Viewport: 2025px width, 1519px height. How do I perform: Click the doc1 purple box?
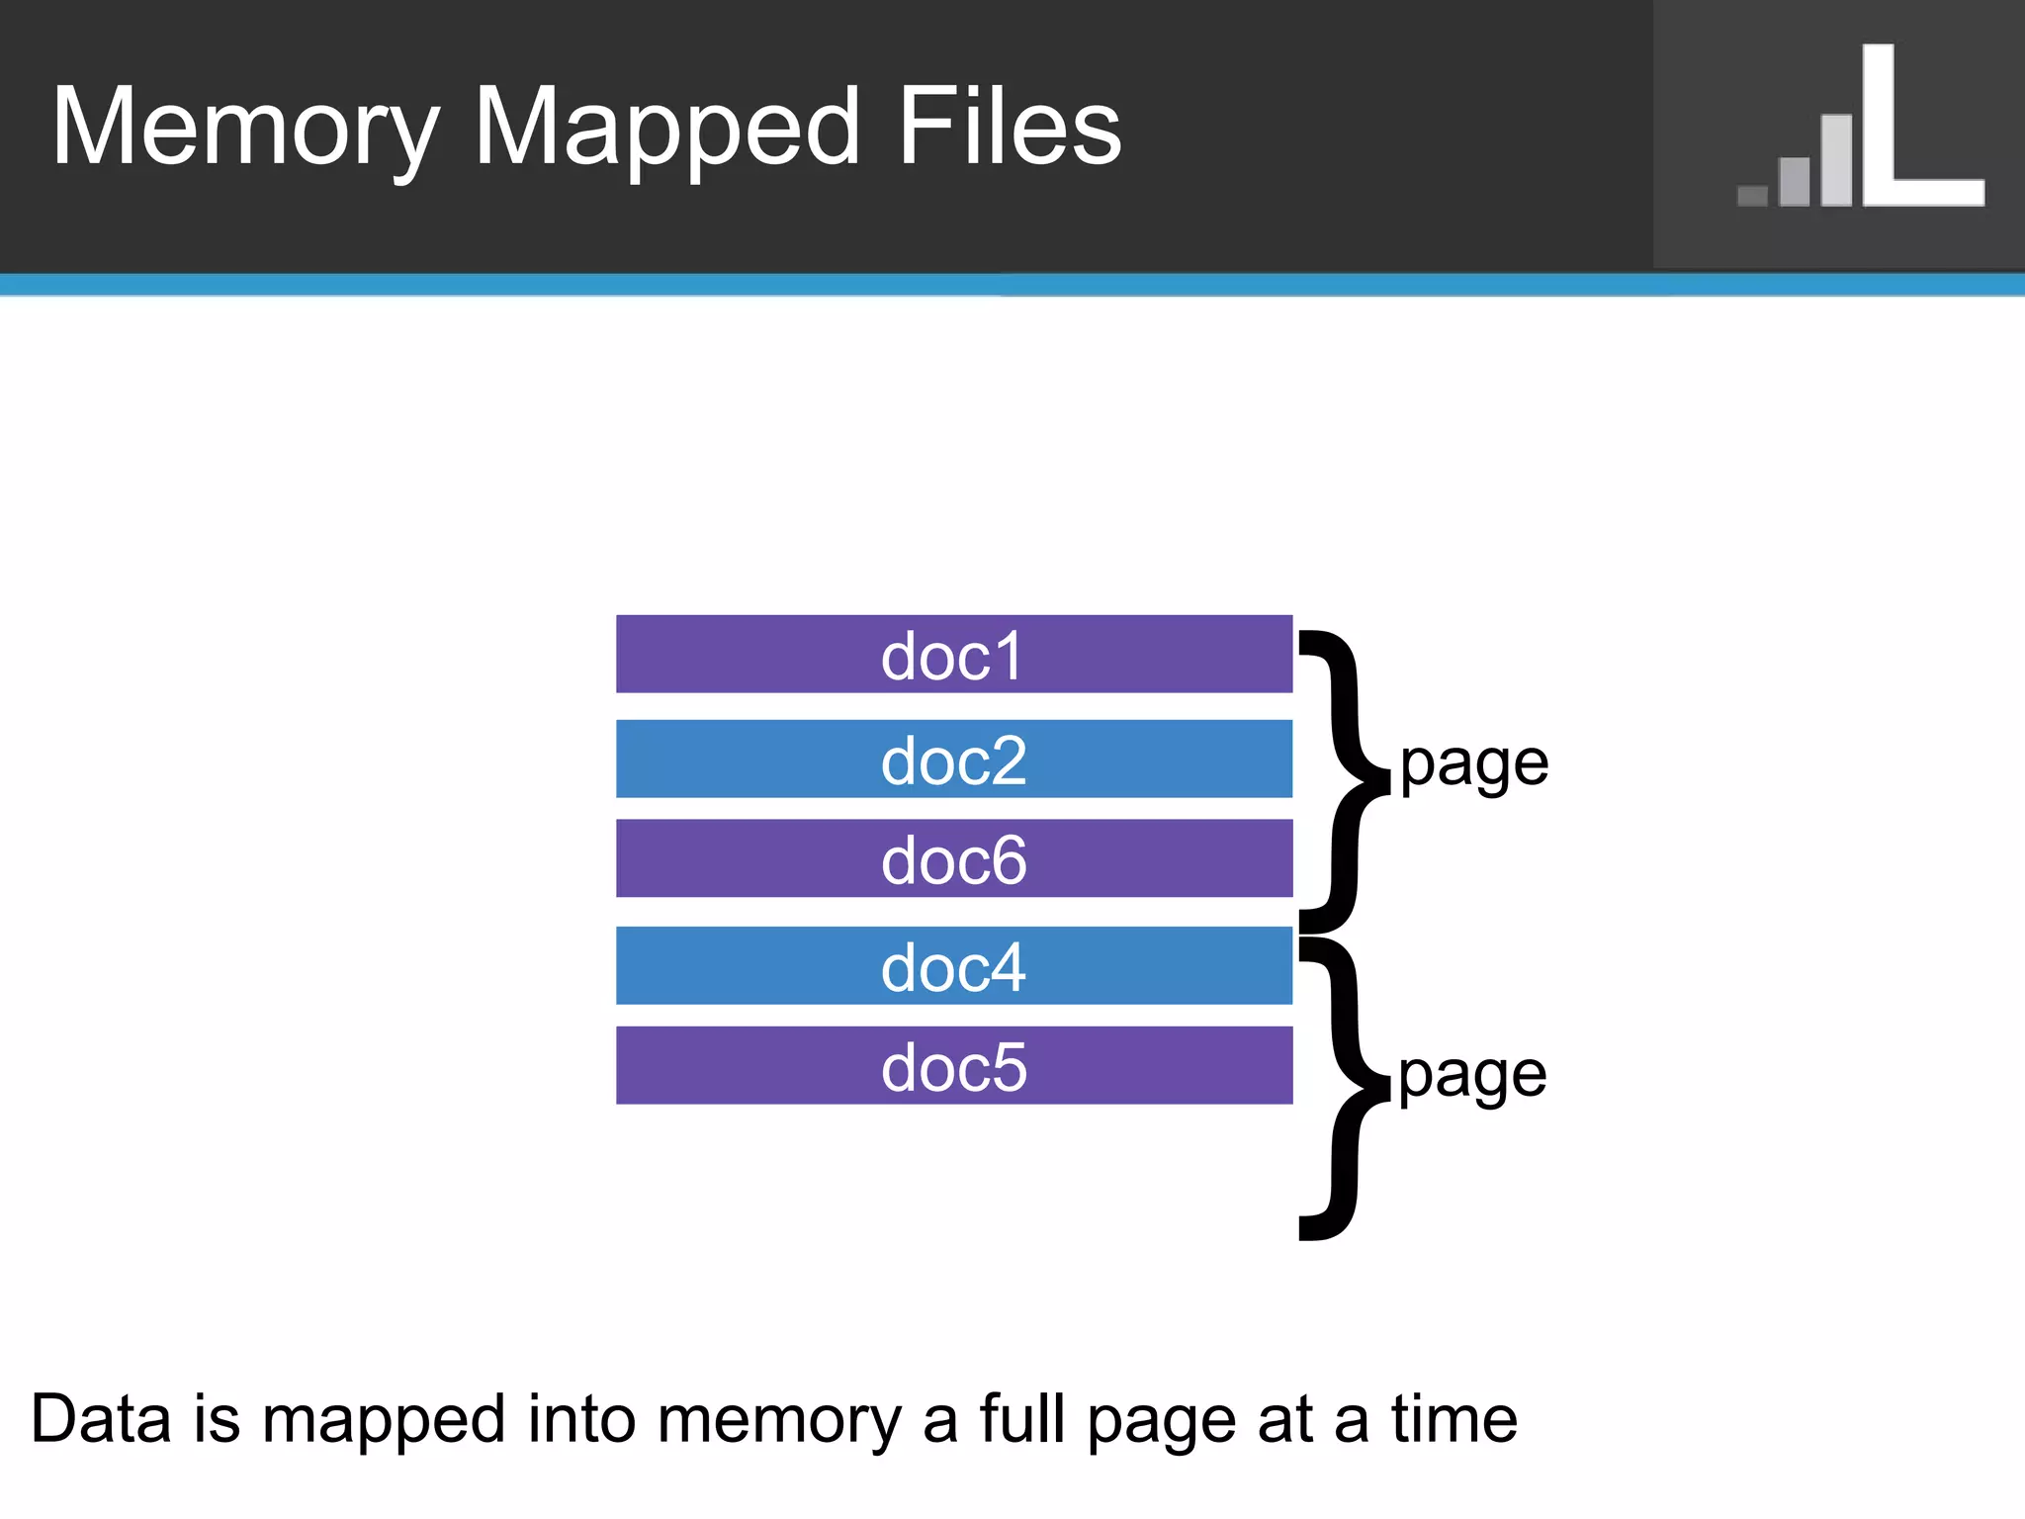click(x=953, y=655)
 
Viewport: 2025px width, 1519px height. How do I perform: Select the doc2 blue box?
click(x=953, y=759)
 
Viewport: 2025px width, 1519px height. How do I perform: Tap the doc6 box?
click(x=953, y=858)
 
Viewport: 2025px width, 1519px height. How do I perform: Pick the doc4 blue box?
click(x=953, y=966)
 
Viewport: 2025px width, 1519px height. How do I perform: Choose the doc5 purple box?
click(x=953, y=1066)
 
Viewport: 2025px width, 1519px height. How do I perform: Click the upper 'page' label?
click(x=1473, y=765)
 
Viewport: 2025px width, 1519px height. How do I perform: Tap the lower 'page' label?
click(x=1471, y=1076)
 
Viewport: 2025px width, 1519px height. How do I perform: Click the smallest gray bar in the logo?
click(x=1752, y=195)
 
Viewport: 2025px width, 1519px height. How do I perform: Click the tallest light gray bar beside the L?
click(x=1836, y=160)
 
